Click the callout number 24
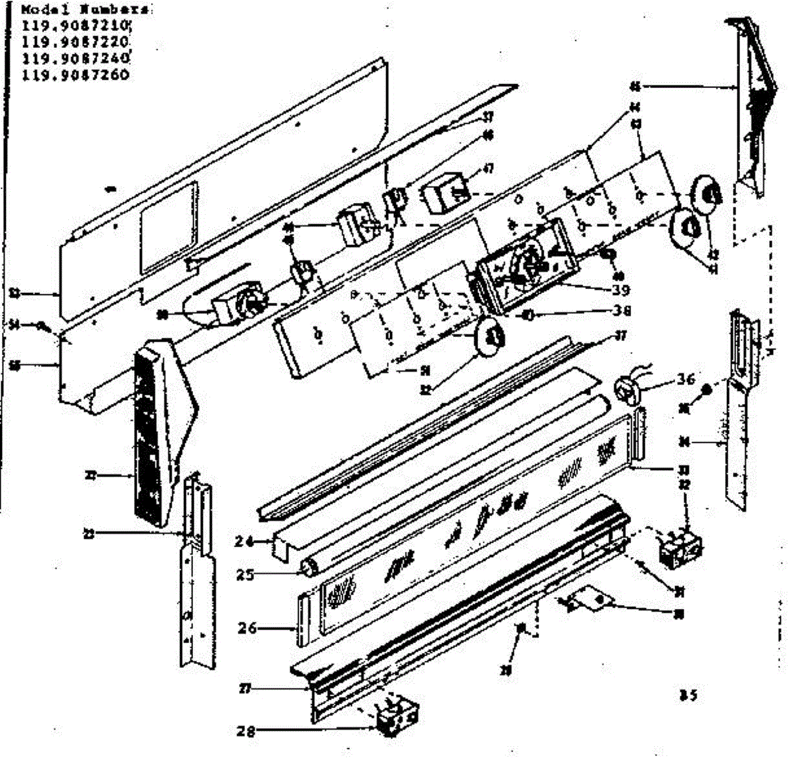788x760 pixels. click(x=244, y=541)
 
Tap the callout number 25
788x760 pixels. click(x=245, y=574)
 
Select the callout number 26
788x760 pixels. click(x=247, y=628)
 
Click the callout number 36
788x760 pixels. click(x=686, y=379)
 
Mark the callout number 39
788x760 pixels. click(x=620, y=290)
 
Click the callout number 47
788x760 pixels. click(x=488, y=169)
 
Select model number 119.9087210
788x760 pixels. click(x=77, y=26)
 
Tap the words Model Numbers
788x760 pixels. click(x=83, y=10)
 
